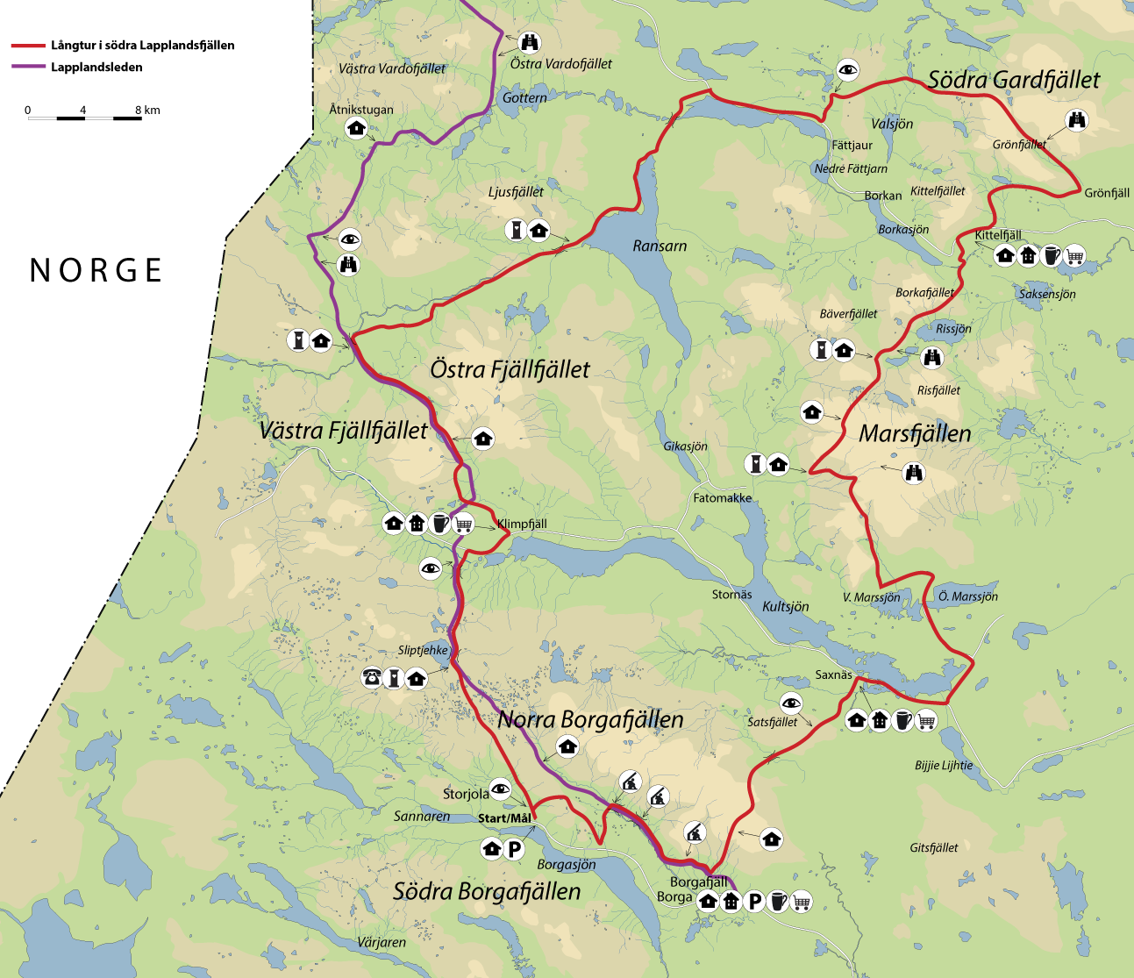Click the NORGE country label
[x=96, y=270]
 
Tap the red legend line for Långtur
[x=27, y=46]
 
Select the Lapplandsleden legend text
[x=96, y=67]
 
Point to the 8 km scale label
[x=147, y=110]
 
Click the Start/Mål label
[x=504, y=818]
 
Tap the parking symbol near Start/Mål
[x=514, y=848]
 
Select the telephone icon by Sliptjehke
[x=372, y=677]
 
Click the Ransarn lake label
[x=660, y=246]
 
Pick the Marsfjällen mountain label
[x=915, y=433]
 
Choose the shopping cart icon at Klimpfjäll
[x=464, y=524]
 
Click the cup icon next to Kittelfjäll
[x=1051, y=256]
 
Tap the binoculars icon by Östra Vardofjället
[x=530, y=41]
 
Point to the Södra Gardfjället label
[x=1013, y=80]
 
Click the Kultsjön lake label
[x=785, y=606]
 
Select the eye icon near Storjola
[x=500, y=789]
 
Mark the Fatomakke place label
[x=722, y=497]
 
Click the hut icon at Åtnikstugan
[x=356, y=128]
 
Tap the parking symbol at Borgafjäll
[x=754, y=901]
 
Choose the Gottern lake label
[x=524, y=97]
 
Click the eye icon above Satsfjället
[x=791, y=702]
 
